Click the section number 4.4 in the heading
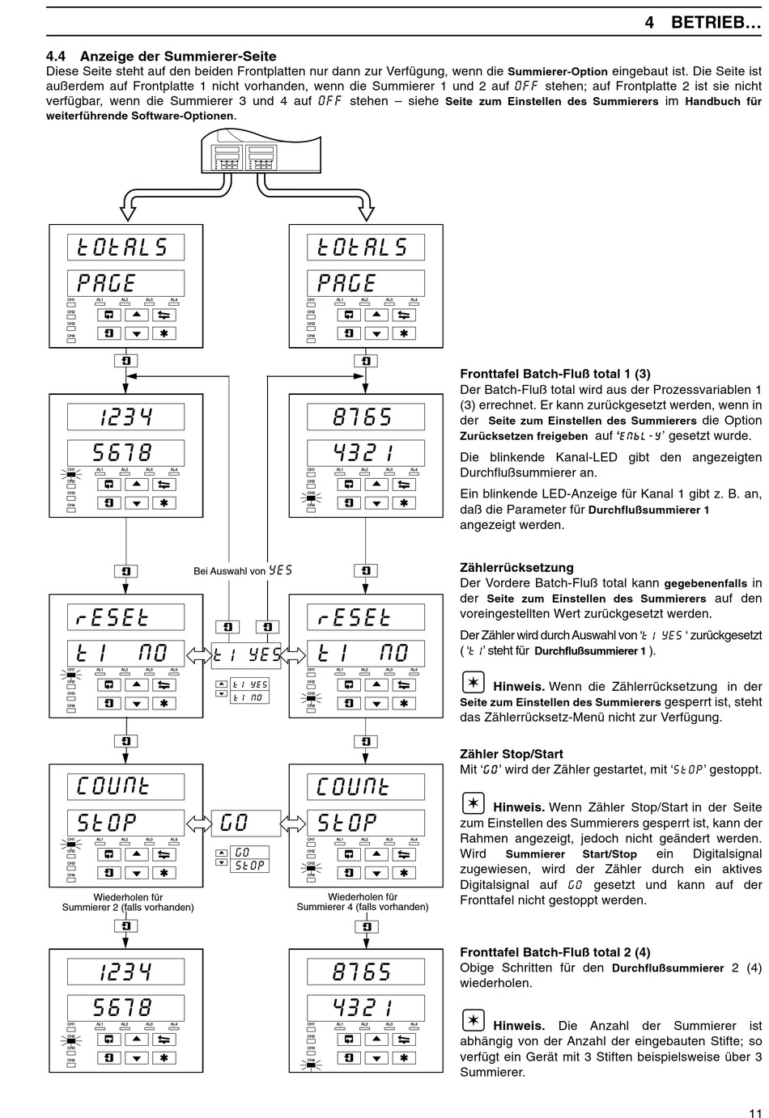coord(57,57)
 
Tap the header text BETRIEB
coord(716,23)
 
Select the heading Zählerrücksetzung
coord(516,567)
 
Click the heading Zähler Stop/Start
coord(512,754)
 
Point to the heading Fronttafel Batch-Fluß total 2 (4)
coord(554,952)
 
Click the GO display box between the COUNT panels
coord(245,824)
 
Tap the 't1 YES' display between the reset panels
coord(245,654)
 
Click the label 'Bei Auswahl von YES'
coord(242,570)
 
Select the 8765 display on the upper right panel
coord(365,417)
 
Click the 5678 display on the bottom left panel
coord(125,1008)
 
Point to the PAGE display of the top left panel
coord(125,283)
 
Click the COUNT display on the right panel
coord(365,786)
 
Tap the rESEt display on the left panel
coord(125,618)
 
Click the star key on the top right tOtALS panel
coord(403,332)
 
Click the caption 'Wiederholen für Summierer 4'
coord(363,902)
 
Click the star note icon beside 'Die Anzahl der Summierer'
coord(473,1020)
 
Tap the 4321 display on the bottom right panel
coord(365,1008)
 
